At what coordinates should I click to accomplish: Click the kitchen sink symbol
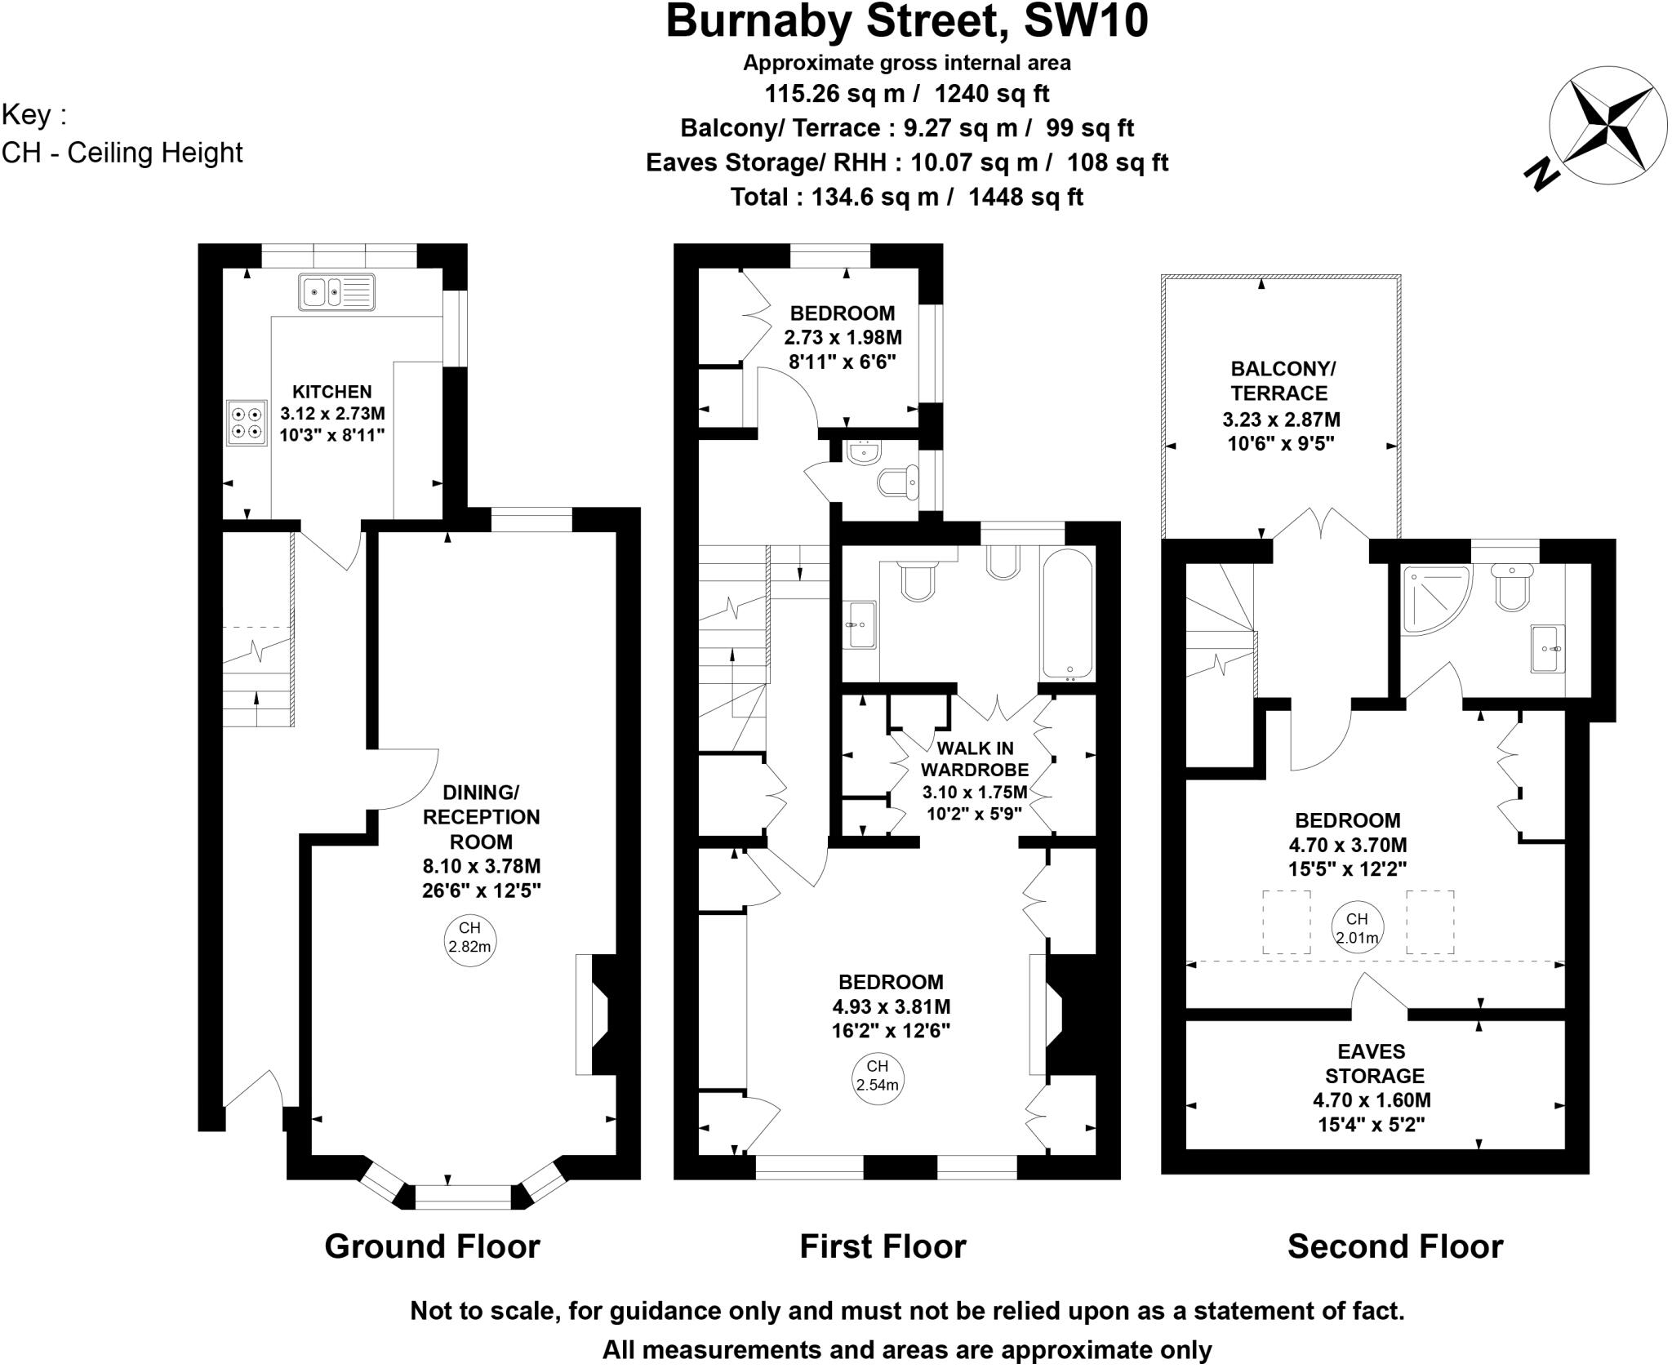336,291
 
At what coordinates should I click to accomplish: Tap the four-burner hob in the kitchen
247,423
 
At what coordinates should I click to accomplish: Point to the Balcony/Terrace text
1279,381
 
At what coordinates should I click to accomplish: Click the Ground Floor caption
432,1246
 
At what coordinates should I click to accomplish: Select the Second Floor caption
1394,1246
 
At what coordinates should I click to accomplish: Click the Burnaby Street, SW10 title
906,22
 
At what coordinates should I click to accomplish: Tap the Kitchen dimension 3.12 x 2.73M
332,414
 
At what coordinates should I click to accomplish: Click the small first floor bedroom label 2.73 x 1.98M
843,337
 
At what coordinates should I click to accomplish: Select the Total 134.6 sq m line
906,197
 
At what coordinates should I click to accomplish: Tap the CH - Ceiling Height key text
122,153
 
